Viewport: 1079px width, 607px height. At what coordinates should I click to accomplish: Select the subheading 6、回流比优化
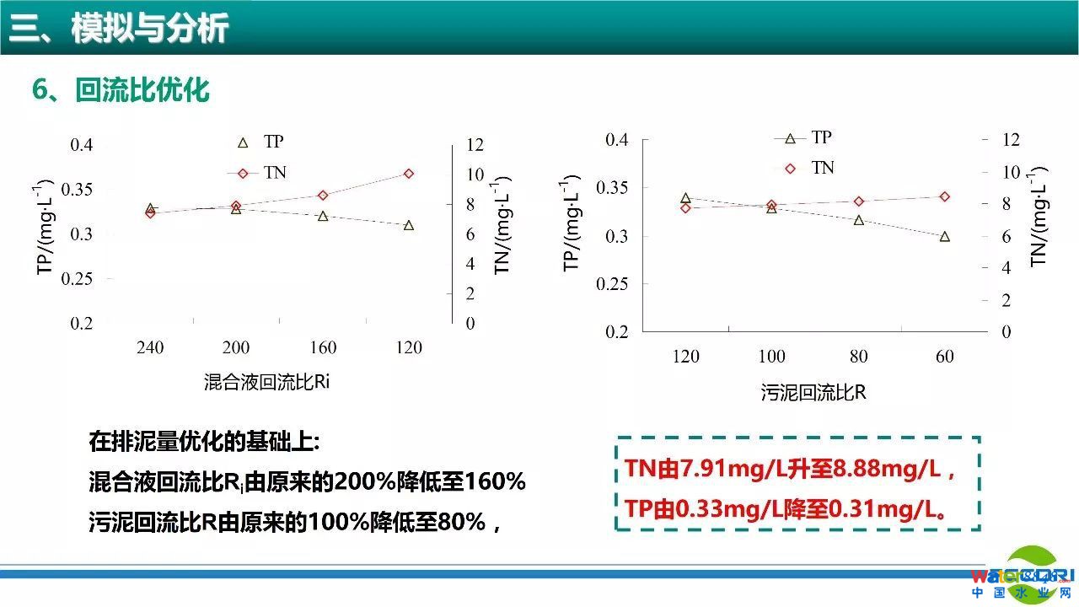(x=121, y=89)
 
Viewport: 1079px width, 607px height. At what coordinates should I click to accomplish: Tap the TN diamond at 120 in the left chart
(x=409, y=174)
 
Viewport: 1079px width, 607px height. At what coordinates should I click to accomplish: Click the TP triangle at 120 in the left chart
(x=409, y=225)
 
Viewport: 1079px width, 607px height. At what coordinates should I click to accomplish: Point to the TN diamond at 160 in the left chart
(x=323, y=196)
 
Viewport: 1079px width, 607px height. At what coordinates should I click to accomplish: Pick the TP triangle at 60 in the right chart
(x=945, y=237)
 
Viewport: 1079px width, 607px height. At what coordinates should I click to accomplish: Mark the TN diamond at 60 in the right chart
(x=945, y=196)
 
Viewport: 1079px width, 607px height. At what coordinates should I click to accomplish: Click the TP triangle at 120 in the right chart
(x=685, y=198)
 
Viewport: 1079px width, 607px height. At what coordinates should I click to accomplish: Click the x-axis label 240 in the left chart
(x=150, y=347)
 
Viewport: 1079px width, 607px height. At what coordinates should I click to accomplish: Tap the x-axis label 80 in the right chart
(x=858, y=357)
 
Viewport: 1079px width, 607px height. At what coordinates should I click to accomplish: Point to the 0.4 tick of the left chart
(x=82, y=145)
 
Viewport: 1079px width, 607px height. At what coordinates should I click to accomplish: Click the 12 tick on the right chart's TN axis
(x=1011, y=140)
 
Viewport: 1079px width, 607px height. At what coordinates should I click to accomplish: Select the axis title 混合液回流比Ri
(x=266, y=382)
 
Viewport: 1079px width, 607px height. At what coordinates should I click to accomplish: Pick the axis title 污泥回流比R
(x=813, y=393)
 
